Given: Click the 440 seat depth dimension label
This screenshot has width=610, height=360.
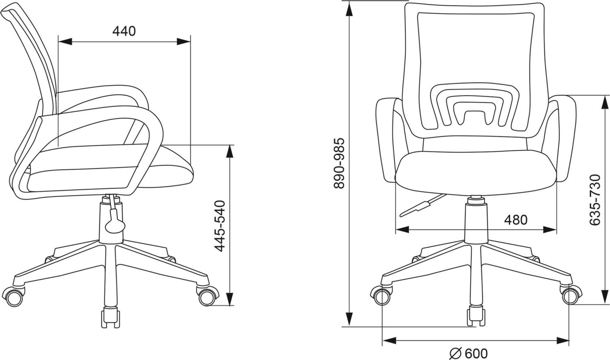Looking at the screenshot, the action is (124, 31).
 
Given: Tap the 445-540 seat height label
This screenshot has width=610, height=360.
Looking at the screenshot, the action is (220, 226).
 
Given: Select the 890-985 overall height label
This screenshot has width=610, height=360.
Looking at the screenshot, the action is (339, 164).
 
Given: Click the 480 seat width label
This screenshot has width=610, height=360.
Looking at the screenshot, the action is (516, 220).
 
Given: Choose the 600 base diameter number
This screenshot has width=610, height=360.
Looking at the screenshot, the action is (476, 353).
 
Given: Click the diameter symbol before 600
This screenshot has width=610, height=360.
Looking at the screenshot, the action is (455, 353).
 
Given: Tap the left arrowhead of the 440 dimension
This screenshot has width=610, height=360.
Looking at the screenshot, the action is (65, 41).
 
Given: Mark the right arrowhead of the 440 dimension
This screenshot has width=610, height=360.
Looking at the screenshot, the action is (183, 41).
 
